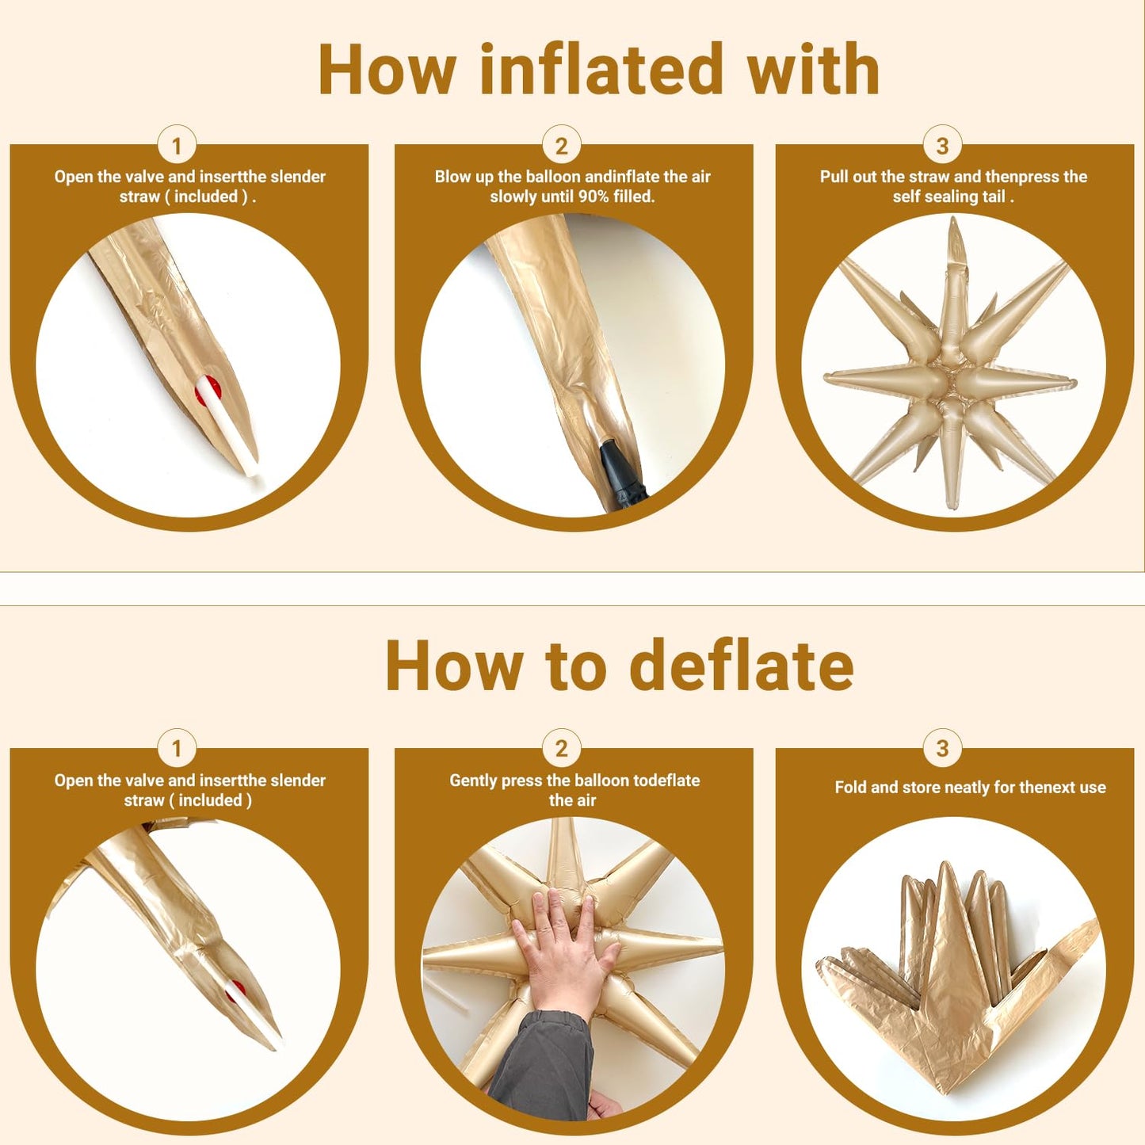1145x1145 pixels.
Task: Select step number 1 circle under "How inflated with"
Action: pyautogui.click(x=177, y=146)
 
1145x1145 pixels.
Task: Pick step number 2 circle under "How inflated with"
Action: pyautogui.click(x=562, y=146)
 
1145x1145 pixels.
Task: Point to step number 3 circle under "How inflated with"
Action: pyautogui.click(x=942, y=146)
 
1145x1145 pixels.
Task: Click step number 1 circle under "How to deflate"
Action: pyautogui.click(x=177, y=748)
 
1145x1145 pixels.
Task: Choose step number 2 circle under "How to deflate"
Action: pyautogui.click(x=562, y=748)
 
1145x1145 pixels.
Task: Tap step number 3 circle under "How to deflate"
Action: pyautogui.click(x=942, y=748)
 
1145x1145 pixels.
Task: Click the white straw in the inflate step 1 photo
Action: pyautogui.click(x=228, y=425)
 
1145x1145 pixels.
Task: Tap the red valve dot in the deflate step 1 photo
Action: pyautogui.click(x=234, y=990)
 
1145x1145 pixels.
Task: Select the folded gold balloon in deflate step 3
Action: pyautogui.click(x=956, y=975)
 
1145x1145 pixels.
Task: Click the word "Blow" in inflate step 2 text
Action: pyautogui.click(x=451, y=177)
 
